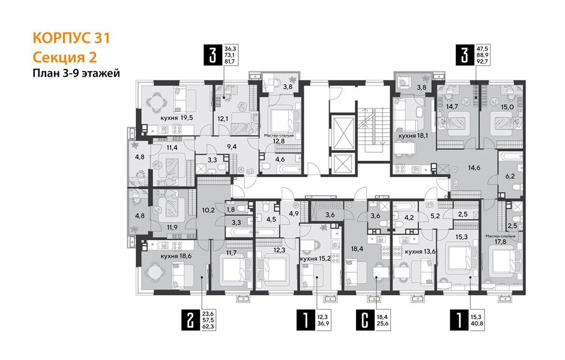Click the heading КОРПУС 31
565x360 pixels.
point(70,39)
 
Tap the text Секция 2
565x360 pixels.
point(63,57)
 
